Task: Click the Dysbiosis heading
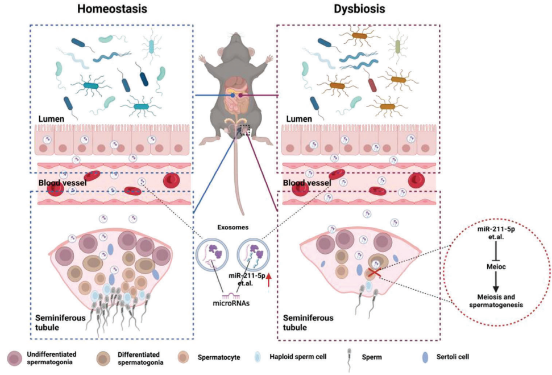tap(360, 11)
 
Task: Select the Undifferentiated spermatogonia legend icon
tap(14, 358)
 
